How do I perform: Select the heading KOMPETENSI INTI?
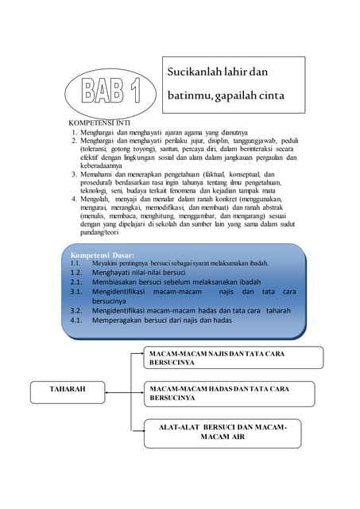pos(99,122)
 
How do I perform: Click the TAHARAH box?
pos(68,390)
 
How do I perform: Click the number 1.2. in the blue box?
pos(77,271)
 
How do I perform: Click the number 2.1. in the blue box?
pos(77,282)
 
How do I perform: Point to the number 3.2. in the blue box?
pos(77,310)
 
